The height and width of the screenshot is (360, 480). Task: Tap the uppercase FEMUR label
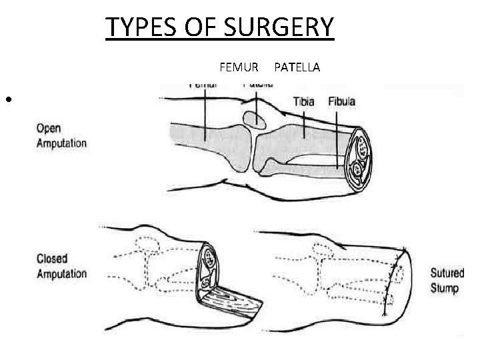(x=235, y=67)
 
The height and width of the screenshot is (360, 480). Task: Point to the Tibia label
(x=305, y=102)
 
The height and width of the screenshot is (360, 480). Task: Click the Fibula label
(x=341, y=102)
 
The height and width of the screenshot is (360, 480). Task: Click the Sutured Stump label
(x=446, y=279)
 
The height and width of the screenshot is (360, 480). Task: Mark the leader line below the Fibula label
(x=341, y=133)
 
